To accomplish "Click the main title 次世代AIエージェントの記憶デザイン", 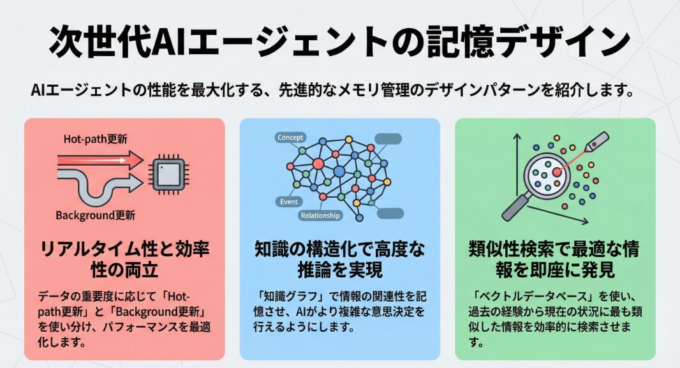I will click(339, 42).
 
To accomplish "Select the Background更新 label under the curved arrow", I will click(96, 215).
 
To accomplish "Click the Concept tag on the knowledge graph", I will click(290, 138).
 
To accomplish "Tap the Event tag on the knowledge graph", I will click(289, 202).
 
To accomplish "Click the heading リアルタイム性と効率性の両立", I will click(125, 258).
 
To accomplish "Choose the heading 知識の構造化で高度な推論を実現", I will click(339, 258).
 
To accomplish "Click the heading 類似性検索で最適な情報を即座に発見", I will click(554, 258).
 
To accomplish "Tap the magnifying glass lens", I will click(546, 173).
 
